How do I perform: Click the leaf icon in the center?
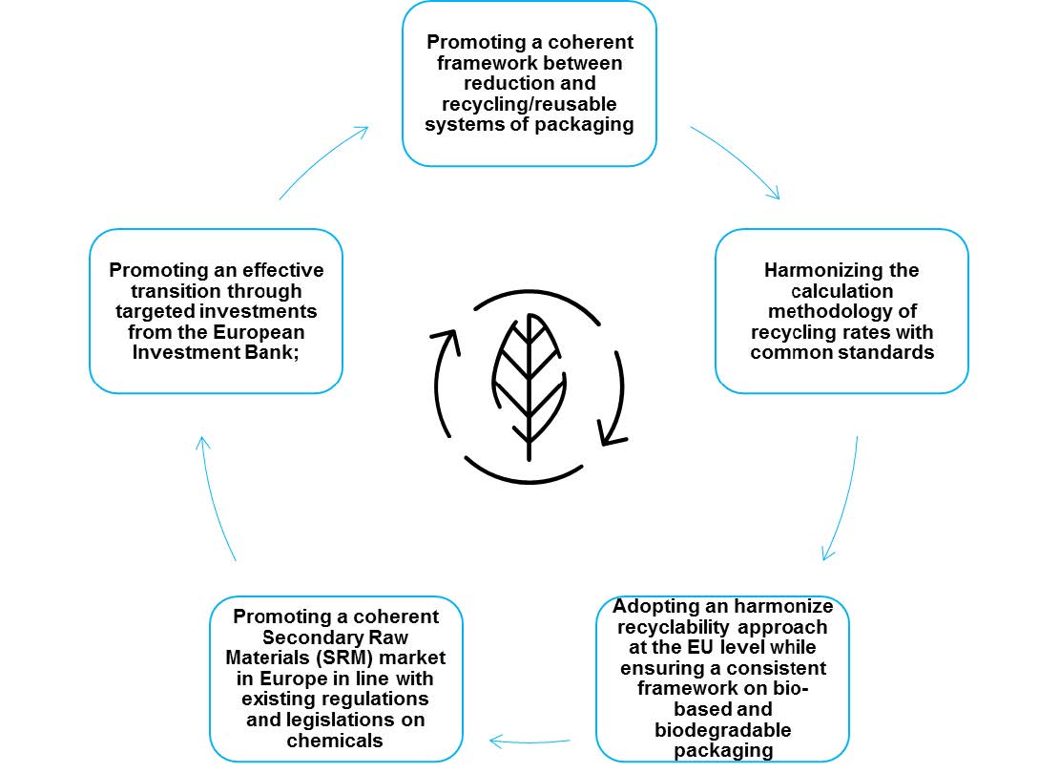[x=529, y=386]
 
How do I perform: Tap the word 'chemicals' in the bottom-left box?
[x=335, y=741]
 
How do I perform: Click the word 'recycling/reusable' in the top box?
[x=529, y=104]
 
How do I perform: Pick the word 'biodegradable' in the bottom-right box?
[x=722, y=730]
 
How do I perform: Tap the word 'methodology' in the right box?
[x=823, y=311]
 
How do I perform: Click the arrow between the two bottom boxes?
[x=529, y=742]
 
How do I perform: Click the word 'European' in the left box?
[x=260, y=332]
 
